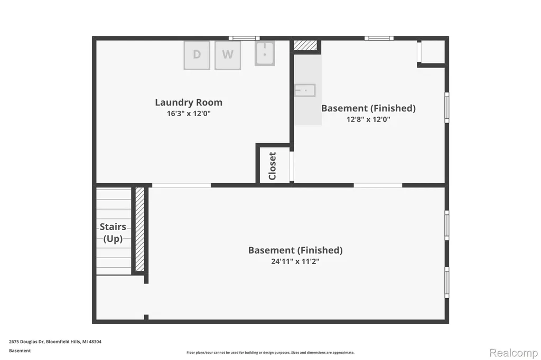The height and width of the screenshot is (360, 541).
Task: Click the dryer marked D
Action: coord(197,55)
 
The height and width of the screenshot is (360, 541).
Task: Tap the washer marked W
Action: coord(228,55)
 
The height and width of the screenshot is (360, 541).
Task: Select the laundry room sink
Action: coord(265,53)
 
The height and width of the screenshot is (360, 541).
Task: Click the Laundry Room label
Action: coord(189,102)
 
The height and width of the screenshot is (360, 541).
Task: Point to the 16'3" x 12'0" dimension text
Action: coord(189,113)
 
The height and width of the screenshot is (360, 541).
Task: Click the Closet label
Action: coord(272,166)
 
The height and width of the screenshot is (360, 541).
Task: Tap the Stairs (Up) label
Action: coord(113,233)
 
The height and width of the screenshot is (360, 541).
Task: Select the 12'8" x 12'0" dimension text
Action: coord(368,119)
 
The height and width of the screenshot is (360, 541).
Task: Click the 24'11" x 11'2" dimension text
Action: coord(295,261)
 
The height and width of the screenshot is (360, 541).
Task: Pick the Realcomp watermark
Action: coord(514,353)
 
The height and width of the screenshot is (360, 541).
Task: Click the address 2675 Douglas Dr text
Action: coord(27,342)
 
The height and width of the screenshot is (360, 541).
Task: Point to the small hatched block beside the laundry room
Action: coord(305,45)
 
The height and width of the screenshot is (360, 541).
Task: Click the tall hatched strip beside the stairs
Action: coord(139,229)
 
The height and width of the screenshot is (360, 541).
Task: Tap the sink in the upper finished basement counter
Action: coord(305,90)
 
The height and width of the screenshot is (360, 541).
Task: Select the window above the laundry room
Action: coord(244,38)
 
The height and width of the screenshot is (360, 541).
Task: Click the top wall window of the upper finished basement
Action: coord(379,38)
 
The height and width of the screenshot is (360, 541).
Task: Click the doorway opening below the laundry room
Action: coord(182,185)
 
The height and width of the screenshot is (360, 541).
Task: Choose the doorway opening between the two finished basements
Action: coord(378,185)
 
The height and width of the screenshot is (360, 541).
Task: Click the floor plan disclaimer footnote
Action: coord(270,353)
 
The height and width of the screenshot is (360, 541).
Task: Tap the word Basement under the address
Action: coord(20,350)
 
